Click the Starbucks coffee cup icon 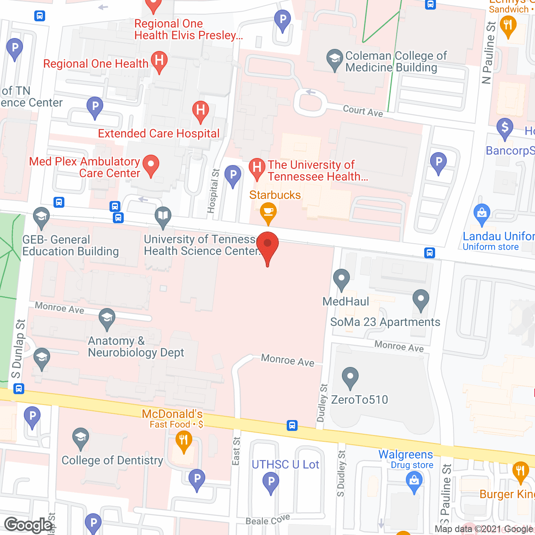(268, 211)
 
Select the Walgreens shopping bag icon (414, 481)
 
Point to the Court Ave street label (363, 111)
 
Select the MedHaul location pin (341, 279)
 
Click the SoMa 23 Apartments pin (421, 300)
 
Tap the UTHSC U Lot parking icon (271, 482)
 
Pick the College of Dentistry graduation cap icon (80, 438)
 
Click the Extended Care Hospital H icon (201, 111)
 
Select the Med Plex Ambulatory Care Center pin (151, 165)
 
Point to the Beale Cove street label (267, 520)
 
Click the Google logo (28, 525)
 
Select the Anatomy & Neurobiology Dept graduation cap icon (107, 318)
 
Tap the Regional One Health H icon (159, 61)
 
